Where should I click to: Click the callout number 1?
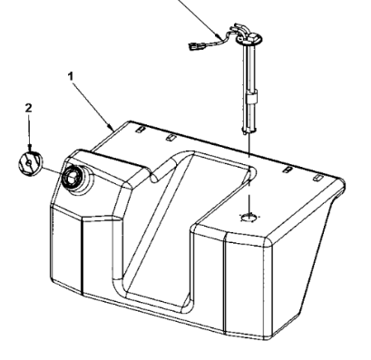coord(71,76)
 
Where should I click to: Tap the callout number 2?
coord(28,108)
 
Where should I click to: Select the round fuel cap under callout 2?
coord(30,163)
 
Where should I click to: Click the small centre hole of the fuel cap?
coord(28,163)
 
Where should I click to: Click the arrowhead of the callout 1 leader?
coord(111,127)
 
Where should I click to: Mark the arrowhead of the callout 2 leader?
coord(29,148)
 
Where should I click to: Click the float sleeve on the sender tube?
coord(251,98)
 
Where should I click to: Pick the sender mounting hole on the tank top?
coord(250,217)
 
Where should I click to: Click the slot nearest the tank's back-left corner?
coord(141,130)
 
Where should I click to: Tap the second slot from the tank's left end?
coord(171,138)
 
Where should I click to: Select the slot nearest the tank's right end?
coord(317,178)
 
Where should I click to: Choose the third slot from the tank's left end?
coord(287,170)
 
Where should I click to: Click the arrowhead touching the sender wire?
coord(218,34)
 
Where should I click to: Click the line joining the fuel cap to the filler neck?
coord(53,170)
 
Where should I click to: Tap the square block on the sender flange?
coord(252,37)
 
